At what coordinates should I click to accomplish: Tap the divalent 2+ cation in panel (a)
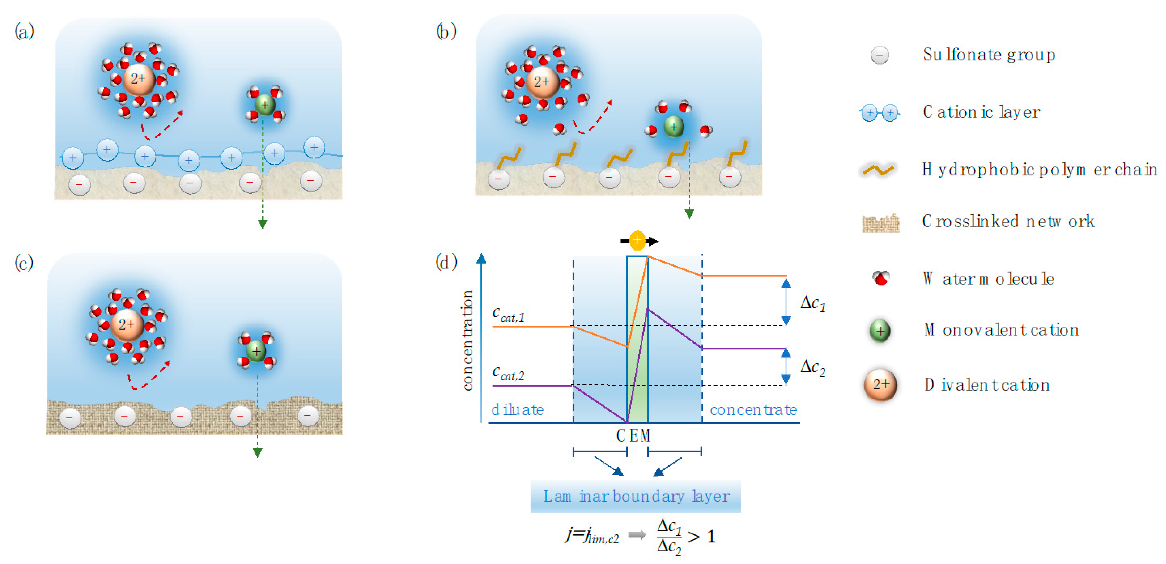point(139,79)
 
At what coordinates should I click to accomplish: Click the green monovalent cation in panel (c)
point(256,351)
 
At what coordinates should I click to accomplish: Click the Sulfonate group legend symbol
point(880,55)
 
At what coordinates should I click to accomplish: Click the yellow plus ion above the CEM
point(637,241)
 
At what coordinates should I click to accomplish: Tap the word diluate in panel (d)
point(517,410)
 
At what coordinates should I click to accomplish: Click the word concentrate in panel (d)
point(753,410)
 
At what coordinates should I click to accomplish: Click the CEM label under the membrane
point(633,436)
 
